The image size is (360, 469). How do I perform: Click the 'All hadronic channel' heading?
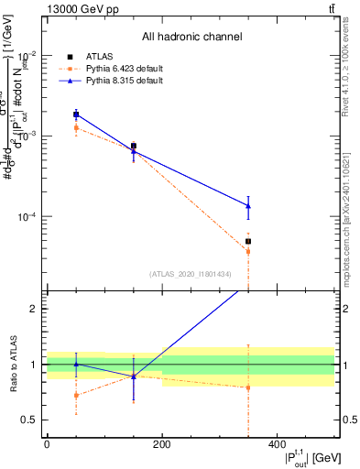point(191,37)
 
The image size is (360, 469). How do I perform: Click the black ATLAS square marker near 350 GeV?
point(248,242)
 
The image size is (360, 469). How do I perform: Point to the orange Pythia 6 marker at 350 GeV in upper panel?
point(248,251)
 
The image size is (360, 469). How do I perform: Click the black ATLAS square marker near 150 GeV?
point(134,146)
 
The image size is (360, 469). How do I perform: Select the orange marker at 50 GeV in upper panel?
point(76,127)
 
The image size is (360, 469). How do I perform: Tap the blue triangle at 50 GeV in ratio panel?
point(76,364)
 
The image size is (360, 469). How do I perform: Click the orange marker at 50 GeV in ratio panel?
point(76,396)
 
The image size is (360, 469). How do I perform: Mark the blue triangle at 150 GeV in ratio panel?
point(134,376)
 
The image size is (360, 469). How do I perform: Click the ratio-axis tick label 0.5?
point(32,420)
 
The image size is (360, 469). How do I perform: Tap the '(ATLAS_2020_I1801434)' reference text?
point(191,274)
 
